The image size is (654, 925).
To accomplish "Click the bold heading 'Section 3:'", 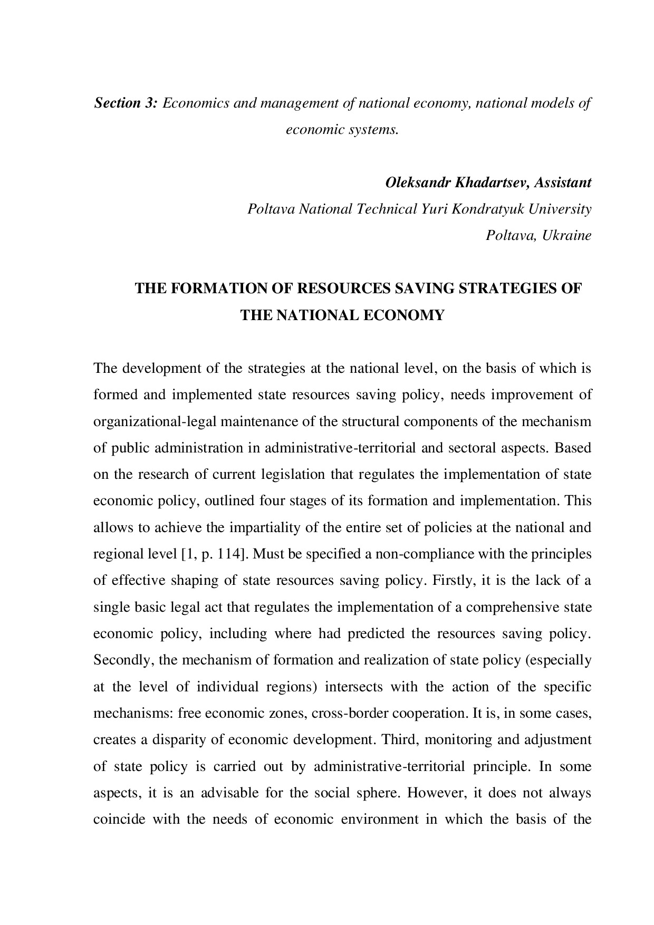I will tap(126, 103).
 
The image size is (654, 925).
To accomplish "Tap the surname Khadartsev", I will tap(492, 183).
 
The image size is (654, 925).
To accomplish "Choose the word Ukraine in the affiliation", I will tap(567, 236).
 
